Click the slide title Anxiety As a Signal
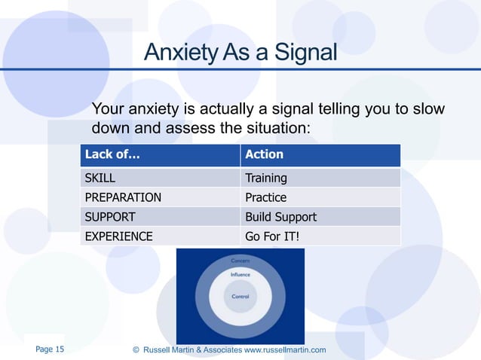[x=240, y=53]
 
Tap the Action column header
[x=264, y=154]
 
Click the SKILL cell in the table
[x=100, y=178]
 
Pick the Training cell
[x=265, y=178]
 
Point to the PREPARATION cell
[x=122, y=198]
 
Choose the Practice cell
[x=265, y=198]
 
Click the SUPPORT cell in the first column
[x=109, y=217]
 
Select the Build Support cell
[x=280, y=217]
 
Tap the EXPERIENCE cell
[x=118, y=236]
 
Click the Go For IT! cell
[x=272, y=236]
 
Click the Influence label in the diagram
[x=240, y=275]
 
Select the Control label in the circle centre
[x=240, y=297]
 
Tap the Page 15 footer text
[x=50, y=349]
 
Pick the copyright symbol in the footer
[x=136, y=350]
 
